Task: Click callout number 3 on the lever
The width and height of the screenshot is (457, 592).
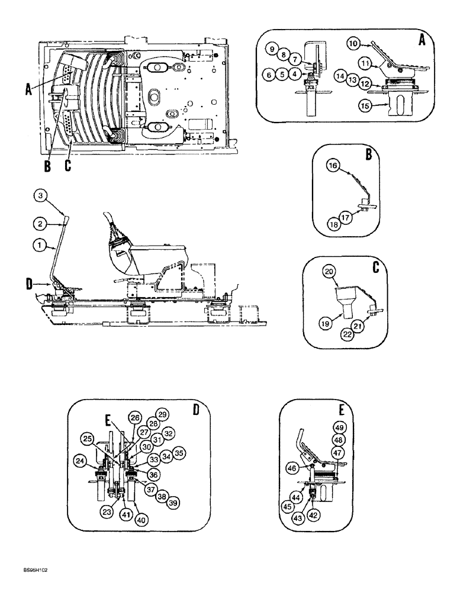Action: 39,196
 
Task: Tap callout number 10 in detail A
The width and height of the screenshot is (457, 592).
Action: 353,44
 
